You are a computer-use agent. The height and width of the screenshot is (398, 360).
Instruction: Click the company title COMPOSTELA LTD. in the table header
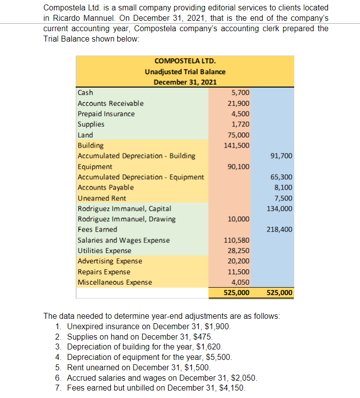tap(185, 61)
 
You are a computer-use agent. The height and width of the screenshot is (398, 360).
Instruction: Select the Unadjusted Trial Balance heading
tap(185, 71)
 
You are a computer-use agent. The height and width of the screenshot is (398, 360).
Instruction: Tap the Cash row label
tap(86, 93)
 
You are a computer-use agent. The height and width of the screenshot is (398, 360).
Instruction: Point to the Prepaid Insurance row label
tap(106, 114)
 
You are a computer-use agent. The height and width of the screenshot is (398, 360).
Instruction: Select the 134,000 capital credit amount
tap(280, 208)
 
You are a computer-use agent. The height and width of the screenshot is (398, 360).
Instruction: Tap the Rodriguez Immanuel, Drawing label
tap(126, 219)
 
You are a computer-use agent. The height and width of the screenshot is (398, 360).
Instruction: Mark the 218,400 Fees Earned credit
tap(280, 230)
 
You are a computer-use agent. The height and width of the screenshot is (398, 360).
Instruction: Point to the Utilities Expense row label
tap(104, 250)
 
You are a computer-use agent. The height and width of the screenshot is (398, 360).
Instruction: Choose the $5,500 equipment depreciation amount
tap(218, 357)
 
